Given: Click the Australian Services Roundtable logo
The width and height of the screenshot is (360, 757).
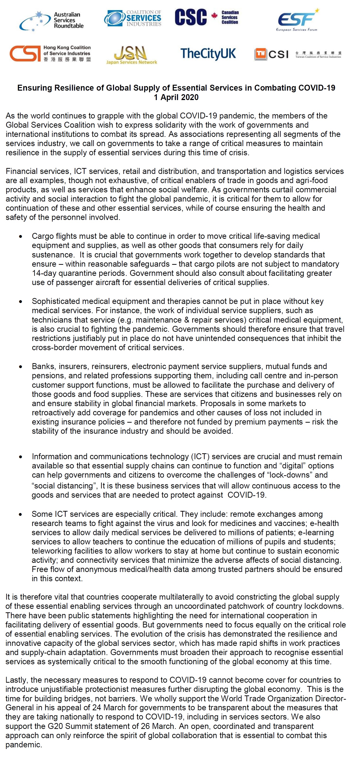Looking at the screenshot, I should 52,21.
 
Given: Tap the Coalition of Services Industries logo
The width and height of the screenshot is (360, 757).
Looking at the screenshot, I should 133,18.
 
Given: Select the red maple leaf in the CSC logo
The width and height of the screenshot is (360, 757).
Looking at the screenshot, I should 215,16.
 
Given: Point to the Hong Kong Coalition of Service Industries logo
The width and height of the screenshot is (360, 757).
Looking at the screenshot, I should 50,54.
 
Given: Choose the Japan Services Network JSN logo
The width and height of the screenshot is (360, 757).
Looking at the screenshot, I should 131,55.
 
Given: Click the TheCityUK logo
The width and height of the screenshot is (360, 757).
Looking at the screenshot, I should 208,54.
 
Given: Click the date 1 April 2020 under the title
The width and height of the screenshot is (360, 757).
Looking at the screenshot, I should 176,97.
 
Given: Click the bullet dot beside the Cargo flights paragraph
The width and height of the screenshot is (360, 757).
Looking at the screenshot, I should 21,236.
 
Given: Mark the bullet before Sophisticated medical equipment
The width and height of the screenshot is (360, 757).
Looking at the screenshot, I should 21,302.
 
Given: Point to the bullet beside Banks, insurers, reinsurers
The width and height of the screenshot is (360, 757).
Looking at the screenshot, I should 21,367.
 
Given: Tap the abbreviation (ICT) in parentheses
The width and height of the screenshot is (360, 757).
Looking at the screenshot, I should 200,456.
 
